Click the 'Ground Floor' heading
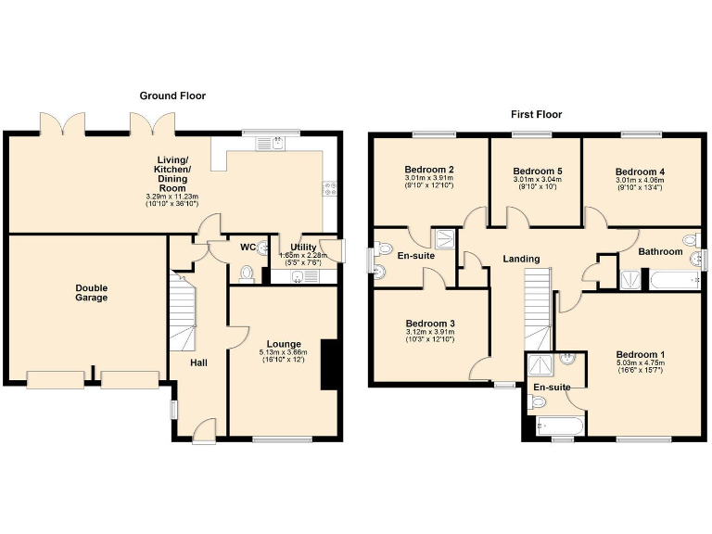click(172, 95)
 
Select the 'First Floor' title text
click(536, 115)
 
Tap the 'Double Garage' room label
click(91, 293)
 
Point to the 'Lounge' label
click(283, 344)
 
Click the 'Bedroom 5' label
click(538, 172)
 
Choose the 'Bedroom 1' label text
click(640, 355)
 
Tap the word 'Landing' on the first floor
click(521, 259)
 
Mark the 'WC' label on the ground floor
click(248, 248)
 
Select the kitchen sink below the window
click(276, 143)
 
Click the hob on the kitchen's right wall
click(329, 189)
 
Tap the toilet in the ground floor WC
click(246, 273)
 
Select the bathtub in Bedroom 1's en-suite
click(560, 426)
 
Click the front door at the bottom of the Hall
click(205, 431)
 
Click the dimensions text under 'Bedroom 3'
click(429, 337)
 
